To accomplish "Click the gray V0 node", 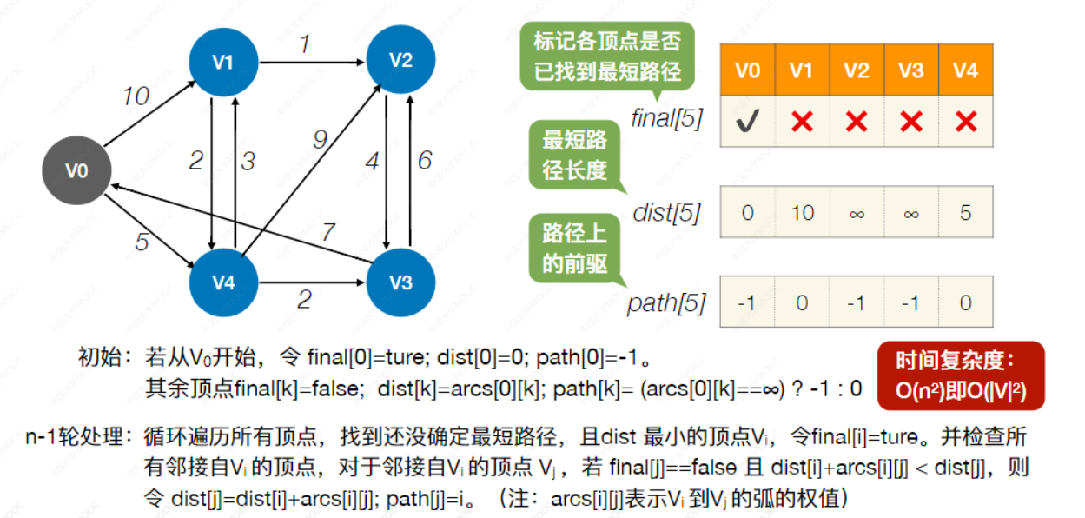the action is (x=77, y=170).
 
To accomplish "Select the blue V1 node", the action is (x=223, y=62).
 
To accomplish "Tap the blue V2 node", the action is (x=400, y=60).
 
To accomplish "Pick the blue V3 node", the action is (x=400, y=282).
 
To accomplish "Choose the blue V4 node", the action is (x=223, y=282).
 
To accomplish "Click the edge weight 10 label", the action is (x=136, y=96).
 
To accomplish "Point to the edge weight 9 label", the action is (x=319, y=139).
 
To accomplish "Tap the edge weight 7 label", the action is (x=327, y=233).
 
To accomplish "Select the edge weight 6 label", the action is (x=425, y=161).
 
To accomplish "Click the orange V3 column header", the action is (x=911, y=70).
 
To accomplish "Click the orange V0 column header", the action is (x=747, y=70).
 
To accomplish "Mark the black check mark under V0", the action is (x=747, y=122).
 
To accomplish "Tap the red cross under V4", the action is (x=966, y=122).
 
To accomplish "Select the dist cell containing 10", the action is (x=802, y=212).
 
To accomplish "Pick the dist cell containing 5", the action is (x=966, y=212).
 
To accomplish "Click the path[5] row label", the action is (x=666, y=303).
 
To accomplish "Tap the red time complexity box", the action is (x=960, y=375).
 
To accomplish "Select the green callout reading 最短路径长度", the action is (x=574, y=155).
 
